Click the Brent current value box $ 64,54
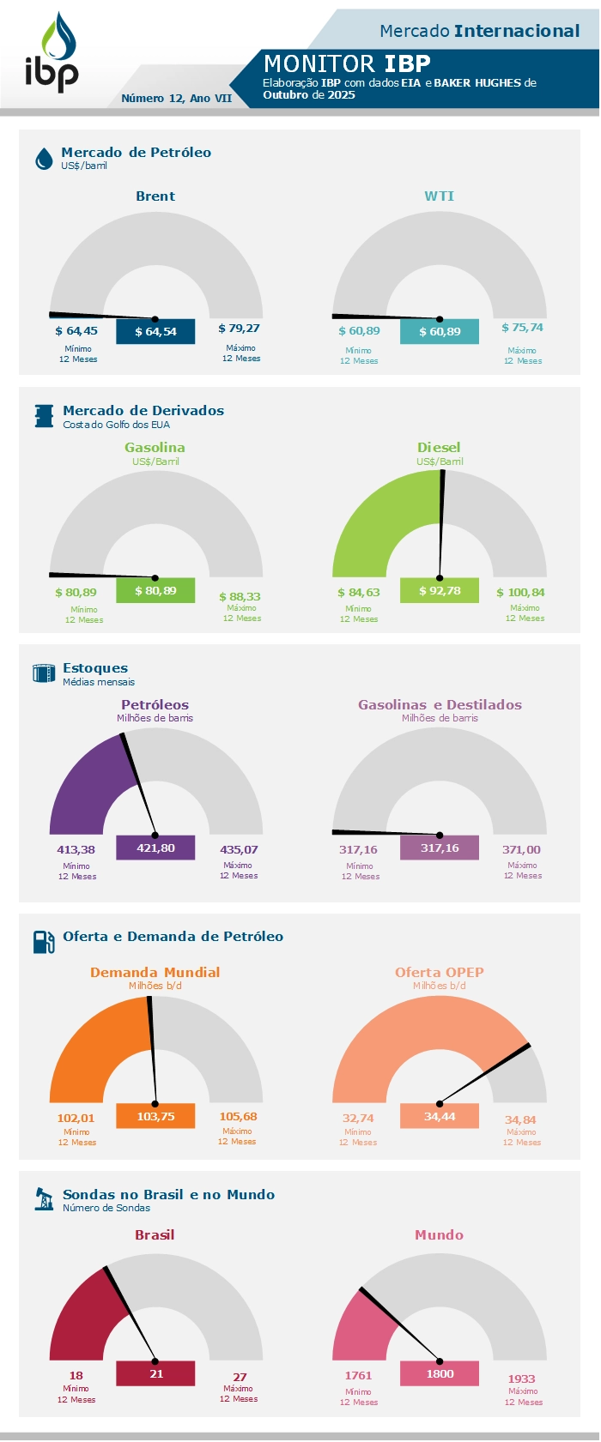point(155,331)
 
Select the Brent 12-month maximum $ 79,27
point(239,328)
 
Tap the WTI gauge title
point(439,196)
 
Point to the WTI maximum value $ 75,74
point(522,328)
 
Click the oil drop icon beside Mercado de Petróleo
point(44,159)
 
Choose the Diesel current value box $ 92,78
point(440,590)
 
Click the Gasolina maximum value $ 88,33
point(240,596)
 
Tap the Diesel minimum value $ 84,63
point(359,592)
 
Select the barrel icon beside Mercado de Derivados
point(44,416)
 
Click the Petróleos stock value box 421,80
point(155,848)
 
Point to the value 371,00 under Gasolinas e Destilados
point(521,849)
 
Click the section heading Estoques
point(95,668)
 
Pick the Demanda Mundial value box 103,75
point(155,1116)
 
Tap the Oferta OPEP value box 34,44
point(440,1116)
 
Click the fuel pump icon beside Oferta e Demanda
point(44,942)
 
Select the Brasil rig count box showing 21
point(155,1373)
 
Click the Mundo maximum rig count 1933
point(522,1379)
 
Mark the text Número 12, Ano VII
point(177,99)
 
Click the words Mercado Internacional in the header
point(480,31)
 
